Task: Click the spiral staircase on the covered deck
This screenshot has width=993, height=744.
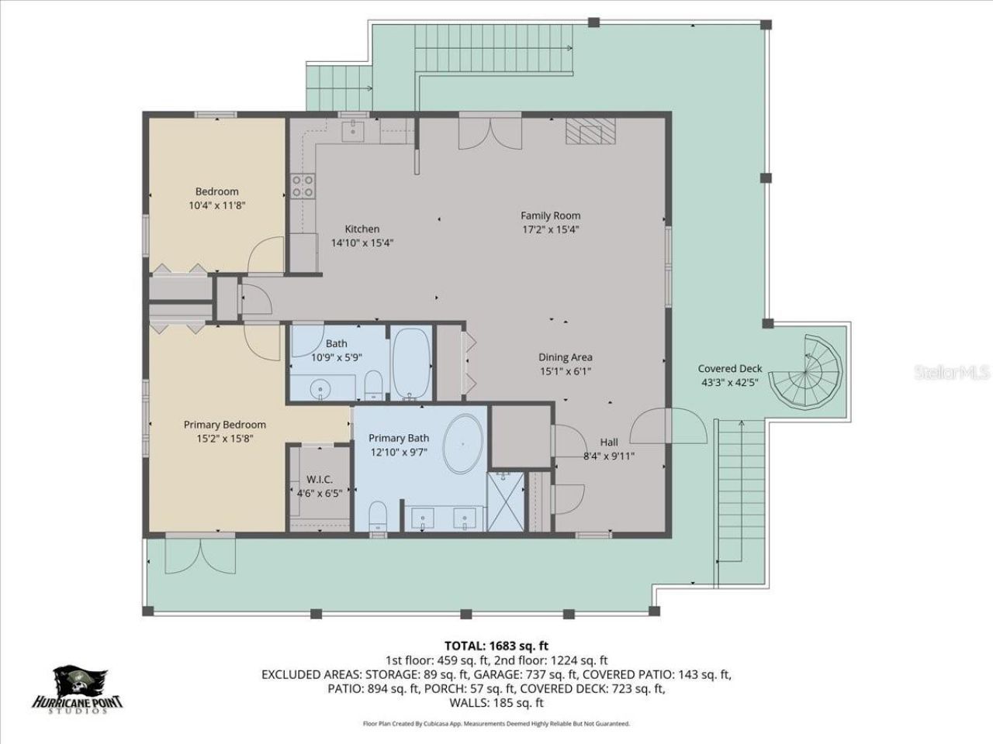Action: pos(809,371)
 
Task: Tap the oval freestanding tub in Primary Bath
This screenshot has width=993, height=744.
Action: pos(463,445)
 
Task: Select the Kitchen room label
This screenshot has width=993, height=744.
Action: pos(362,229)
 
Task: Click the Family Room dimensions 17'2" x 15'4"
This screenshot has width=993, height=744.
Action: pos(550,229)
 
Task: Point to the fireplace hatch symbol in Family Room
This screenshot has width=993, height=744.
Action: pos(589,131)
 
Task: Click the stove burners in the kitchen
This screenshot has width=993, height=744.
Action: pos(302,186)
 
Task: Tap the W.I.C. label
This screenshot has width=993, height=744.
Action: pos(319,480)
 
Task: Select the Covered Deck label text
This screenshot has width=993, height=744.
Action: pos(729,369)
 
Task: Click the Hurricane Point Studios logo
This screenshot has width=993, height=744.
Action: pos(77,691)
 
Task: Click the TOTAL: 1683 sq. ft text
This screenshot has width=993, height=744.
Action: pos(496,645)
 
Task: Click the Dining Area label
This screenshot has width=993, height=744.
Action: pos(566,357)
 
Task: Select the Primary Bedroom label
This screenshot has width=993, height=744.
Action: pos(224,425)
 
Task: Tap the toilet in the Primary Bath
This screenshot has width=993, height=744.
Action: pos(379,515)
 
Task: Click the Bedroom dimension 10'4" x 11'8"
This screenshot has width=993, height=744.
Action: pos(216,205)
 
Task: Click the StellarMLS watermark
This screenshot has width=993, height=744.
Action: pos(952,373)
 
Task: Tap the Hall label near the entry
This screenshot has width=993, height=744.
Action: pos(609,443)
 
